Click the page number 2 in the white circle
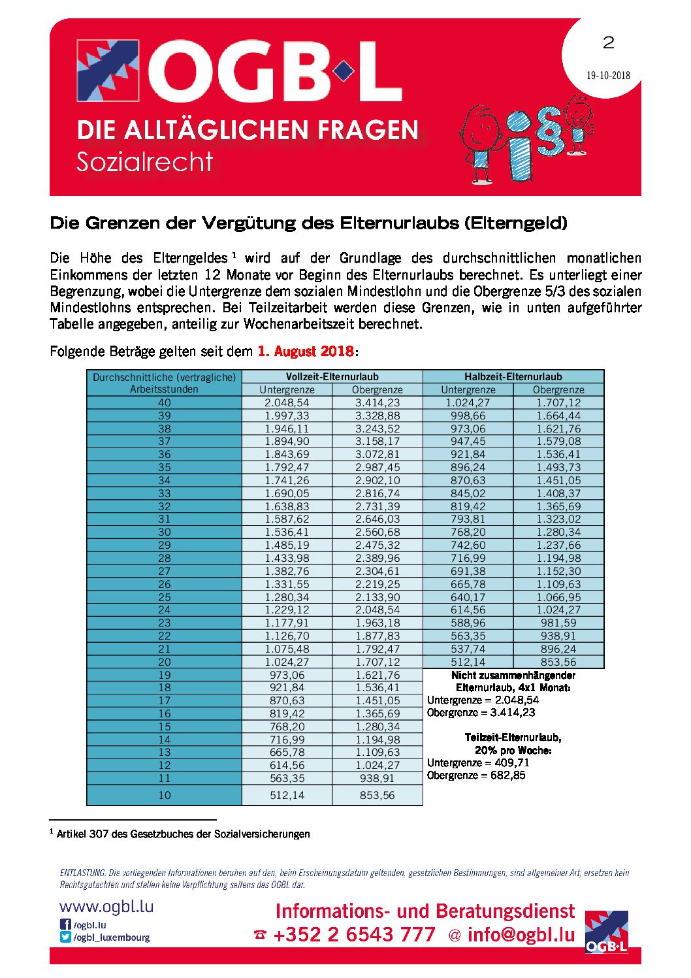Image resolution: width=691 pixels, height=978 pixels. pyautogui.click(x=608, y=43)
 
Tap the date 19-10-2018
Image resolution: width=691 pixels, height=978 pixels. pyautogui.click(x=608, y=75)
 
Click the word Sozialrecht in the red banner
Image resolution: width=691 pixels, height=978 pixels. pyautogui.click(x=144, y=162)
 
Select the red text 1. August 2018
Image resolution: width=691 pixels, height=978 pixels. pyautogui.click(x=306, y=351)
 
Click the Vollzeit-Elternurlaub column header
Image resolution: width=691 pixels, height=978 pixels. pyautogui.click(x=332, y=376)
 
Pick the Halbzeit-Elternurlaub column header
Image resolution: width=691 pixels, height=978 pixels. pyautogui.click(x=513, y=376)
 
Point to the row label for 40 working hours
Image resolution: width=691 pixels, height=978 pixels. pyautogui.click(x=164, y=403)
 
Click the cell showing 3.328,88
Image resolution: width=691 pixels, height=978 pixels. pyautogui.click(x=377, y=416)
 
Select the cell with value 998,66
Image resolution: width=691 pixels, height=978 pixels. pyautogui.click(x=468, y=416)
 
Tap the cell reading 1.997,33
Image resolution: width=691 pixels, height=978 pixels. pyautogui.click(x=287, y=416)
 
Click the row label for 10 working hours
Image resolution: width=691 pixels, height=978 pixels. pyautogui.click(x=164, y=795)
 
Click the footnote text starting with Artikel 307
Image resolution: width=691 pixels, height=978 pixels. pyautogui.click(x=183, y=834)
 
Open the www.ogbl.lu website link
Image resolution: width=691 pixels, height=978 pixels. pyautogui.click(x=106, y=907)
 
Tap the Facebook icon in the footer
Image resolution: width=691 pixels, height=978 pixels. pyautogui.click(x=65, y=924)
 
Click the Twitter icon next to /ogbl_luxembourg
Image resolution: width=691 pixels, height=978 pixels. pyautogui.click(x=65, y=937)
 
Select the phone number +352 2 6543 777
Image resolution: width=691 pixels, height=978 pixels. pyautogui.click(x=354, y=935)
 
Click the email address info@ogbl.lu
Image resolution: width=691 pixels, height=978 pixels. pyautogui.click(x=521, y=935)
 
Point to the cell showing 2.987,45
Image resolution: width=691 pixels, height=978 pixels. pyautogui.click(x=377, y=468)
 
